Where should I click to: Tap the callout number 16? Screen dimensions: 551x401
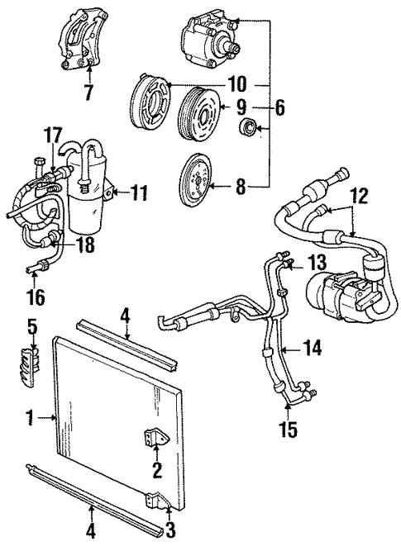(x=36, y=296)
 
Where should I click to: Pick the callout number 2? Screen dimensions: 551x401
(x=156, y=473)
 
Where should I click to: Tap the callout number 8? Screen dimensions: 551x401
(x=241, y=188)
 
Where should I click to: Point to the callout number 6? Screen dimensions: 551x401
(x=281, y=108)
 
